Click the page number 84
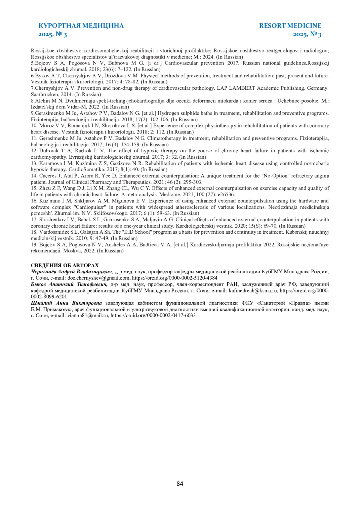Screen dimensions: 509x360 pyautogui.click(x=180, y=484)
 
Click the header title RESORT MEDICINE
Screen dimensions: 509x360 pyautogui.click(x=290, y=26)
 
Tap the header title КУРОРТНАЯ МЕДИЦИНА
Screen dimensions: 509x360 pyautogui.click(x=81, y=26)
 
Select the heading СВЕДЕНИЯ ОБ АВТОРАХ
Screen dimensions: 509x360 pyautogui.click(x=64, y=265)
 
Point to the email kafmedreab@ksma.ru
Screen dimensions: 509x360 pyautogui.click(x=253, y=291)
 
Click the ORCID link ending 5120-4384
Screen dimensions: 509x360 pyautogui.click(x=175, y=278)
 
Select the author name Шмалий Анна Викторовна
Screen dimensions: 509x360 pyautogui.click(x=66, y=303)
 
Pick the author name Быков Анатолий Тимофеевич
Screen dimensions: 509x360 pyautogui.click(x=69, y=284)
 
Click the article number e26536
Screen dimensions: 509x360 pyautogui.click(x=226, y=195)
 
